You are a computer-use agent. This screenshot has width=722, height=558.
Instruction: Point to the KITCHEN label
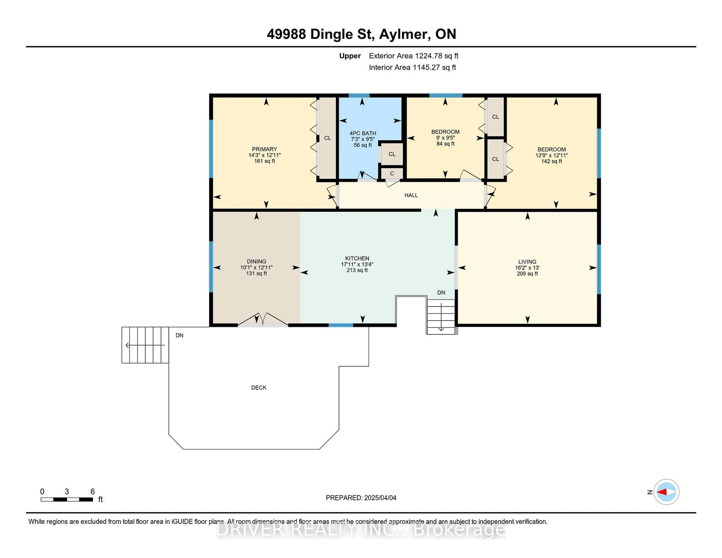click(x=357, y=258)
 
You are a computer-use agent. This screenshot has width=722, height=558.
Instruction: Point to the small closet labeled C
click(x=392, y=174)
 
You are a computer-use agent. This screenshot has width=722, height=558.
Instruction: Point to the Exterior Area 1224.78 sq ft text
click(x=414, y=56)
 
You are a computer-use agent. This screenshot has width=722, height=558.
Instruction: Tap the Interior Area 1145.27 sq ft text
click(x=412, y=67)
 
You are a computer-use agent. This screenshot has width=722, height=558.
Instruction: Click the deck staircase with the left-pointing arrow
click(x=145, y=345)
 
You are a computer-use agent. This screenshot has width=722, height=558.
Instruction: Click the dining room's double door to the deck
click(x=263, y=320)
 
